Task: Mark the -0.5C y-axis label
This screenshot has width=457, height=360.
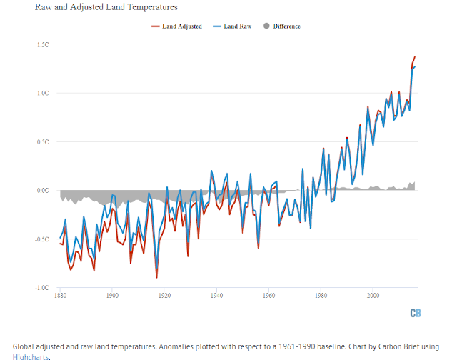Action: click(x=41, y=239)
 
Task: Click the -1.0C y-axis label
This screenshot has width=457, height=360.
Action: click(x=41, y=288)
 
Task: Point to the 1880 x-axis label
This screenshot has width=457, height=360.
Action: click(x=61, y=294)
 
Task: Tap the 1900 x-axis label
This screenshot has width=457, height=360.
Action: click(x=112, y=294)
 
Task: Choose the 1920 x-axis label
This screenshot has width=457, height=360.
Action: click(x=164, y=294)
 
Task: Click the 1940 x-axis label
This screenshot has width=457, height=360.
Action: click(x=216, y=294)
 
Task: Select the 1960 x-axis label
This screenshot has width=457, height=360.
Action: click(x=268, y=294)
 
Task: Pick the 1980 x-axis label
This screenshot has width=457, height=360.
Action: click(x=321, y=294)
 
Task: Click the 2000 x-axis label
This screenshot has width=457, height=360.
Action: click(x=373, y=294)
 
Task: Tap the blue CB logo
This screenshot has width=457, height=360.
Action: click(x=415, y=313)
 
